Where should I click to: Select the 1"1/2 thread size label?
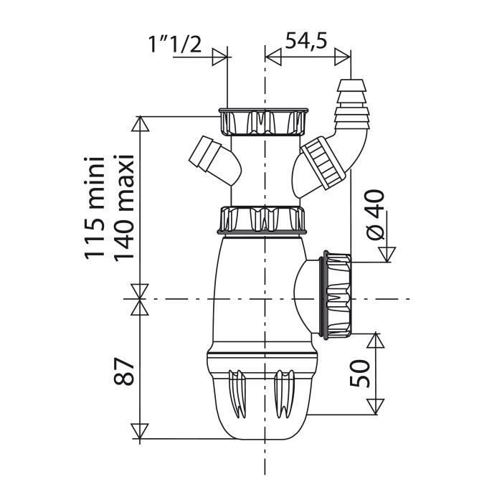click(175, 44)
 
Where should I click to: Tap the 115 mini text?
click(95, 207)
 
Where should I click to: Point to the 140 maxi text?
click(123, 207)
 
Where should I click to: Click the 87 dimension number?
click(123, 371)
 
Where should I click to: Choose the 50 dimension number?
click(360, 374)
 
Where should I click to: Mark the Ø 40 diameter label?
click(374, 215)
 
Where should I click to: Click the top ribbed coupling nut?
click(263, 122)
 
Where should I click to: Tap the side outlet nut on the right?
click(337, 295)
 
